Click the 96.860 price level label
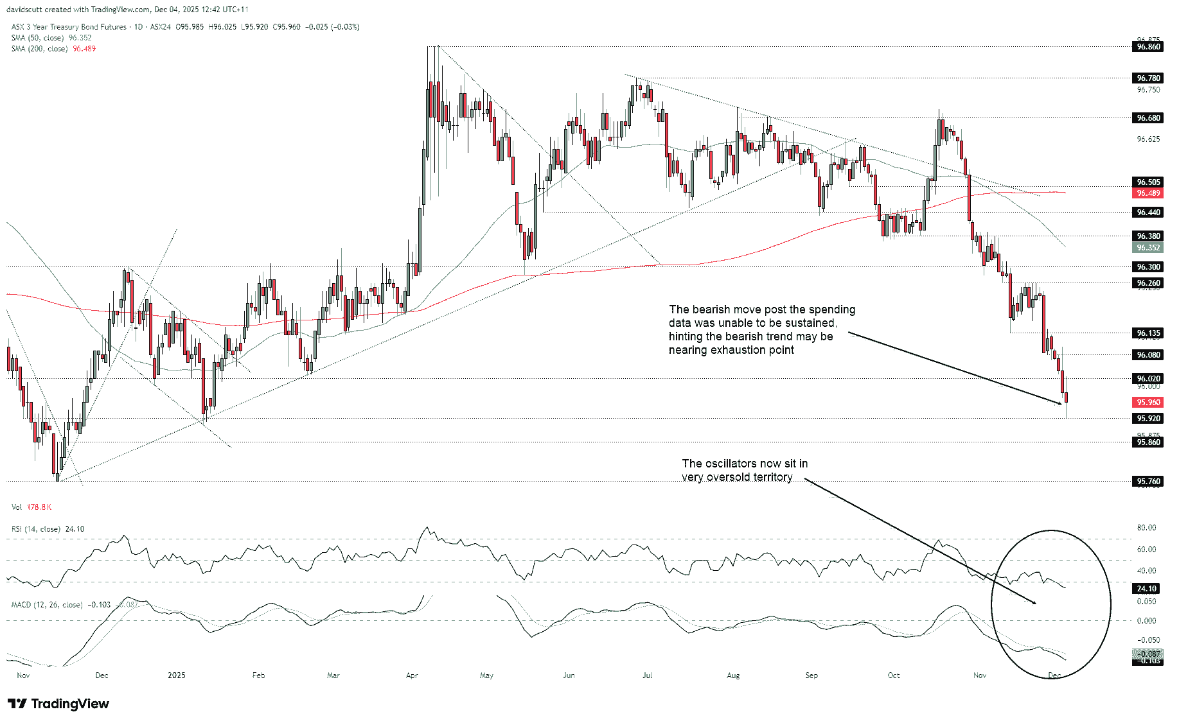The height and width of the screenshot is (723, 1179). tap(1148, 47)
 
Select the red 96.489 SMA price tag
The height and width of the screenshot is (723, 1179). tap(1148, 193)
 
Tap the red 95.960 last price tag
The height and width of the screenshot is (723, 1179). tap(1148, 403)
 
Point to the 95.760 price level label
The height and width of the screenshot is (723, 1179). tap(1148, 482)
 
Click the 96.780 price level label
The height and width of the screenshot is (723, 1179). tap(1148, 78)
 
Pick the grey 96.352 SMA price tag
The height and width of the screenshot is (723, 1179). tap(1148, 248)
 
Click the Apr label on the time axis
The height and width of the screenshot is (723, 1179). tap(412, 675)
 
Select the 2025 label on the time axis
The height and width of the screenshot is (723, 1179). tap(176, 675)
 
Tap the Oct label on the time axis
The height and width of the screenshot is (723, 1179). tap(893, 675)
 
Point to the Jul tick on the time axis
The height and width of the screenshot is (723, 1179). tap(647, 675)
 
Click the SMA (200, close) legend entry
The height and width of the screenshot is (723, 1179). tap(39, 49)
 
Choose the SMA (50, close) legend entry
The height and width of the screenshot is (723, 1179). tap(37, 38)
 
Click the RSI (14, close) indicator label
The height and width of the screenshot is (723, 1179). tap(36, 529)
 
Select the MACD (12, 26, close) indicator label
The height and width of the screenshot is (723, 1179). tap(47, 605)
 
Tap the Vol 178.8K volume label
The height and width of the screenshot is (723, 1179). tap(31, 507)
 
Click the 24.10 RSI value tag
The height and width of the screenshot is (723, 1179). tap(1147, 589)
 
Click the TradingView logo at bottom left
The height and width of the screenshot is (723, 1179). tap(58, 704)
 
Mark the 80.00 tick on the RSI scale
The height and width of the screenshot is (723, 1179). tap(1146, 528)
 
